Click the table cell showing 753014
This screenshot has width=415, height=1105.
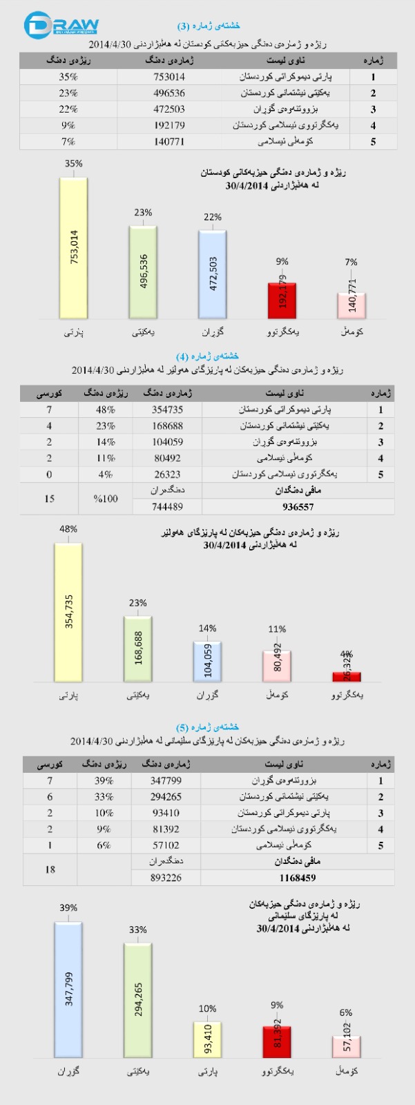tap(168, 77)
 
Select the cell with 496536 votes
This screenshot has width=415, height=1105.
tap(168, 93)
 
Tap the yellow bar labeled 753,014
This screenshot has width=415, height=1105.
tap(73, 247)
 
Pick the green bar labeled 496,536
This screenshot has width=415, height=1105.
tap(143, 271)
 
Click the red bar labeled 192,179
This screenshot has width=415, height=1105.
tap(282, 300)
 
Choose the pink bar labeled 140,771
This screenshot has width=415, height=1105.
tap(351, 305)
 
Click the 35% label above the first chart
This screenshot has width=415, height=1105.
tap(73, 164)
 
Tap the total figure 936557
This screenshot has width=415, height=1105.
tap(298, 506)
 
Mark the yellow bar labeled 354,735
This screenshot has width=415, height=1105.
tap(68, 612)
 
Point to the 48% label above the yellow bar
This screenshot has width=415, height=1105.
tap(68, 529)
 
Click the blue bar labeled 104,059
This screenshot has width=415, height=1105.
tap(207, 662)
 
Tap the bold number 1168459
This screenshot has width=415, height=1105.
tap(298, 878)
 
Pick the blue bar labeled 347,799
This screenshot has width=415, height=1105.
tap(68, 989)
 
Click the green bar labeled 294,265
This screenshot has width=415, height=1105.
tap(138, 1000)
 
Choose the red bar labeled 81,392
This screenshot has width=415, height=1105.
tap(277, 1041)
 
